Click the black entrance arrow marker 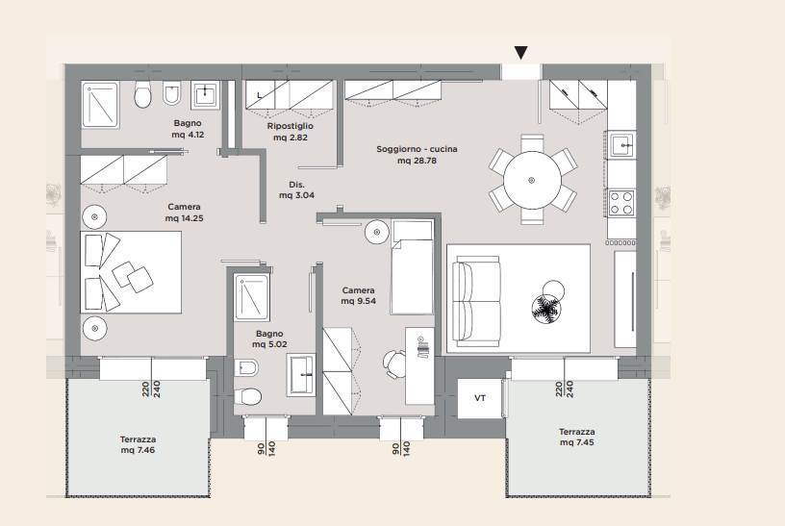(x=521, y=53)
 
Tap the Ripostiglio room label (x=291, y=132)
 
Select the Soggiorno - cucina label (x=418, y=155)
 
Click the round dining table (x=532, y=180)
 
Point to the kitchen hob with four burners (x=621, y=203)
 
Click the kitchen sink (x=622, y=145)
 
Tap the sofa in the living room (x=476, y=302)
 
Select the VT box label (x=480, y=398)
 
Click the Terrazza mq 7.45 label (x=577, y=437)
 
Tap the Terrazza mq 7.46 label (x=138, y=444)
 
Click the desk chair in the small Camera (x=394, y=363)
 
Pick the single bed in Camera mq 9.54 (x=412, y=266)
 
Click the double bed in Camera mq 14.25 (x=131, y=272)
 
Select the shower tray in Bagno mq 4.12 (x=100, y=105)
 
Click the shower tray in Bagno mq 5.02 (x=252, y=297)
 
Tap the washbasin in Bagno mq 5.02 (x=301, y=374)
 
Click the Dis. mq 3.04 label (x=297, y=189)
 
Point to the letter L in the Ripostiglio (x=260, y=95)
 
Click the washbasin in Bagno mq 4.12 (x=205, y=94)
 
